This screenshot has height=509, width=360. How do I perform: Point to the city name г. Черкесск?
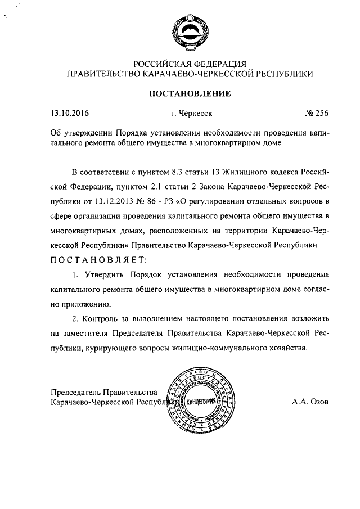pos(191,112)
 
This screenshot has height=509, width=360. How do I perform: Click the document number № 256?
pos(316,112)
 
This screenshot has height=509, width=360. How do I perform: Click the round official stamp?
pos(200,402)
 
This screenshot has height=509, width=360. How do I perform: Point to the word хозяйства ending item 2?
pos(289,348)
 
